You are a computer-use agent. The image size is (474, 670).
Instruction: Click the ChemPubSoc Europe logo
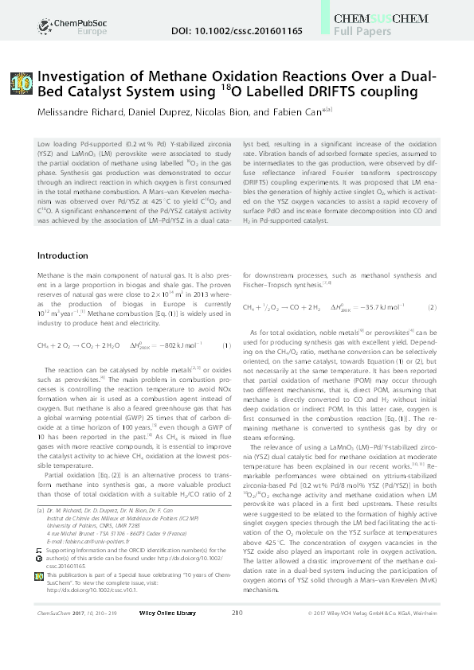[57, 24]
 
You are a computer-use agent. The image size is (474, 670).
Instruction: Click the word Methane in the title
[142, 76]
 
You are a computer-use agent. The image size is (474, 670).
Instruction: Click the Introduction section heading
[66, 255]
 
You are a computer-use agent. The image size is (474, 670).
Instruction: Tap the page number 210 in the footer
[237, 657]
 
